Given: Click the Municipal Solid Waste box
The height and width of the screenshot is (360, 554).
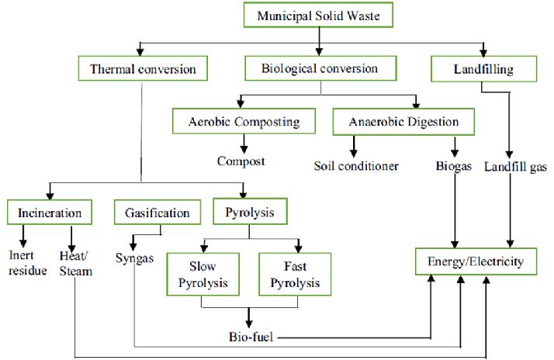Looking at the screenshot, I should (320, 15).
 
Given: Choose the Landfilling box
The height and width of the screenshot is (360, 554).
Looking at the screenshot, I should (483, 69).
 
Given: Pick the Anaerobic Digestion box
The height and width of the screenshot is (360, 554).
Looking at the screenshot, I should (403, 122).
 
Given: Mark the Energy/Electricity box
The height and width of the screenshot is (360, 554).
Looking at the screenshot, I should (476, 262).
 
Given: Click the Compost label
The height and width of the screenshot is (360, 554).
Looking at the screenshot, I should (241, 161).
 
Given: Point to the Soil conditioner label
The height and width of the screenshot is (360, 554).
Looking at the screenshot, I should (356, 165).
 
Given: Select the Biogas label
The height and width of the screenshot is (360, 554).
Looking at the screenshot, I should (455, 165).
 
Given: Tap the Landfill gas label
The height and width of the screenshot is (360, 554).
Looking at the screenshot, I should (515, 165).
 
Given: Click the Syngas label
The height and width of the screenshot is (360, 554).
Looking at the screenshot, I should (136, 257).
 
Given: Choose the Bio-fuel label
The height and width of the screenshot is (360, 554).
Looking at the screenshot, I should (252, 337).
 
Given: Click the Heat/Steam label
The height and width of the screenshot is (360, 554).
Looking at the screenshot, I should (75, 262).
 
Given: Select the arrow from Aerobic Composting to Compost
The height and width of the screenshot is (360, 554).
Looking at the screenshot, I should (243, 143).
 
